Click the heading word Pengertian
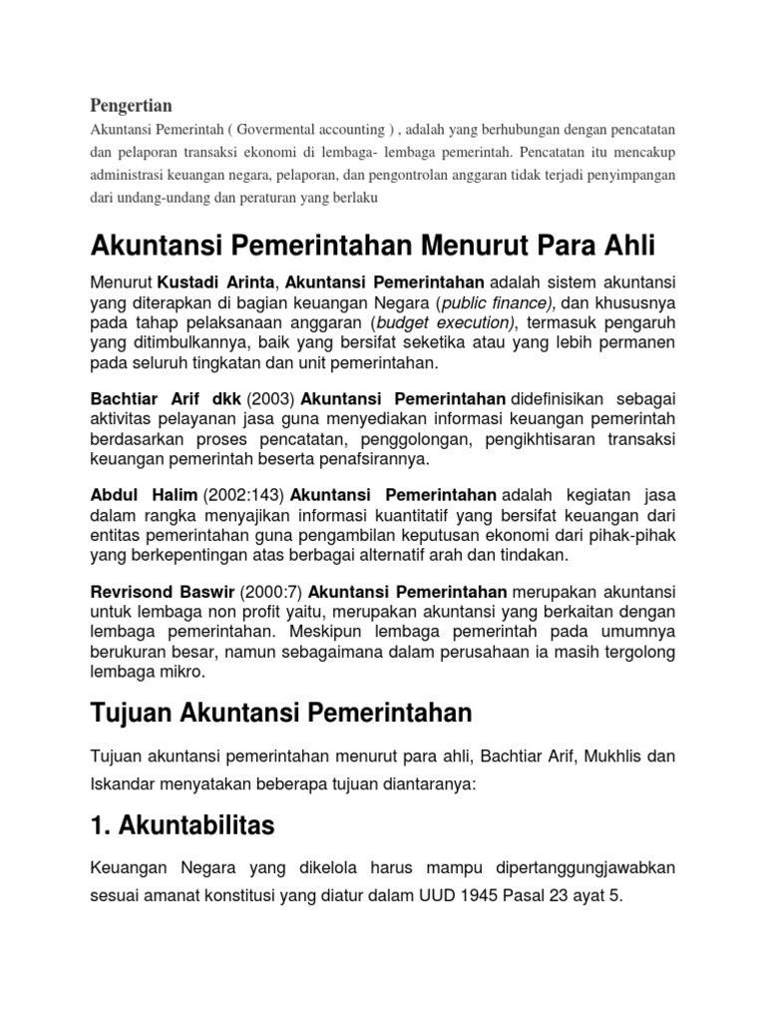132,105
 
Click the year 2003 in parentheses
267,398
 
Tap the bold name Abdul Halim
144,494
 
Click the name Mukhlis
590,758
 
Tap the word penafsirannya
376,460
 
